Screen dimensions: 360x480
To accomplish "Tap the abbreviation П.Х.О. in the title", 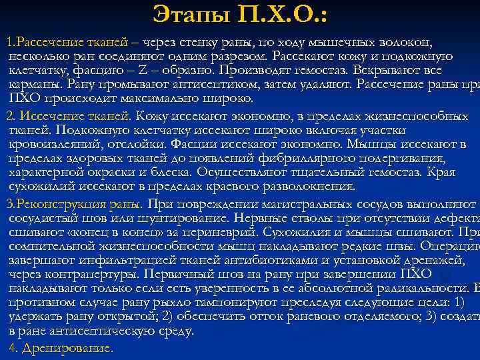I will point(279,14).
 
